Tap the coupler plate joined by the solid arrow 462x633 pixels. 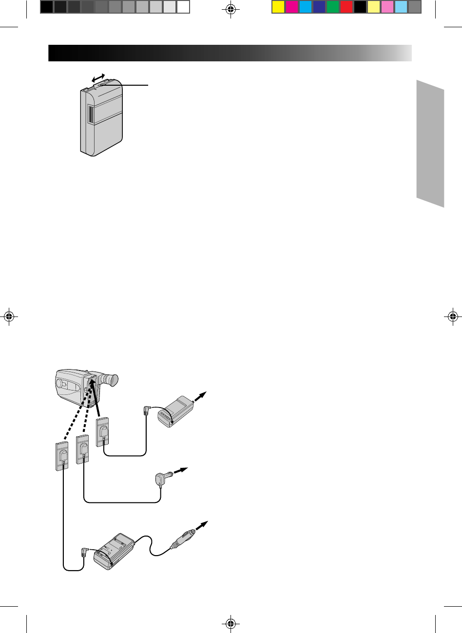tap(103, 431)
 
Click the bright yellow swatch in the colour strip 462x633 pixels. tap(278, 7)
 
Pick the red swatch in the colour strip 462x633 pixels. tap(346, 7)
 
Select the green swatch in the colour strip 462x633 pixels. tap(333, 7)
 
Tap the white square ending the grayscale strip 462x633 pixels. tap(183, 7)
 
